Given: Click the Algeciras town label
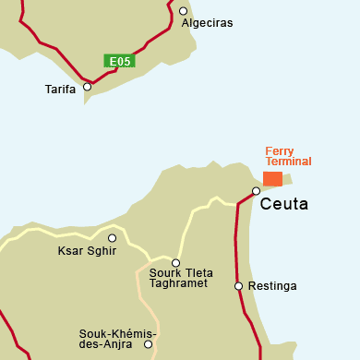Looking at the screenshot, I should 208,23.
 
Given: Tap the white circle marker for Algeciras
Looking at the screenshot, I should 183,12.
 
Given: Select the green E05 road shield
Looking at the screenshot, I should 121,62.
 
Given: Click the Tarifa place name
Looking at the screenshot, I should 60,90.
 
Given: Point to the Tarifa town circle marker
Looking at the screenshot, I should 88,87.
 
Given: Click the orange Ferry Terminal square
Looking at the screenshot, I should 272,178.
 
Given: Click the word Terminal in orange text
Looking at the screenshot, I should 288,162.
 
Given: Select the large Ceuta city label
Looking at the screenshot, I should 283,204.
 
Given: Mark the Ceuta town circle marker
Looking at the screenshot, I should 256,191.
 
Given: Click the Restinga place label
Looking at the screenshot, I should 272,286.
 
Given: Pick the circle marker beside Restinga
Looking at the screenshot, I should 238,286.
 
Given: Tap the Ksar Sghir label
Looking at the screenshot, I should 87,251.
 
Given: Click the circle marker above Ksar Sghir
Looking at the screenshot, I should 113,238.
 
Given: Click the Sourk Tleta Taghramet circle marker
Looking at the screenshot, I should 175,262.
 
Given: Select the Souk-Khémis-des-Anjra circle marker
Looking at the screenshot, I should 148,344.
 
